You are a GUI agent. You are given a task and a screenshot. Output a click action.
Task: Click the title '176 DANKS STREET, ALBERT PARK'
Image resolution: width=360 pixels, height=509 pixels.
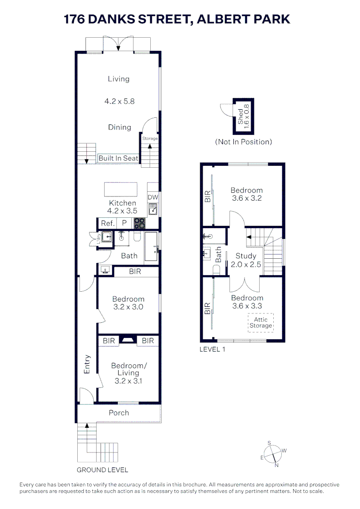177,19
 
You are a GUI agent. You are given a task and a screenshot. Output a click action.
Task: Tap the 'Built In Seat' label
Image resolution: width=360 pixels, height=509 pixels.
118,158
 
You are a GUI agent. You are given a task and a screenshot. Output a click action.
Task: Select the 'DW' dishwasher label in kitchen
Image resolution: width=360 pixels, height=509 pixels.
152,197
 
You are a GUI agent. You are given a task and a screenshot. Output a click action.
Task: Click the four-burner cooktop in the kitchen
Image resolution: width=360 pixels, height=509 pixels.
139,223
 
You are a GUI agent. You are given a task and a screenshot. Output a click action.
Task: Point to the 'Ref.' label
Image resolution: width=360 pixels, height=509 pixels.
105,224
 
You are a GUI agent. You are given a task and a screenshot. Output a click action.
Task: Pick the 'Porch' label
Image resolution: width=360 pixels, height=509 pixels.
119,413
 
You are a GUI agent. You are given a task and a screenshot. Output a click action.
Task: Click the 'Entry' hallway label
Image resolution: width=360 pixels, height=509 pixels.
87,364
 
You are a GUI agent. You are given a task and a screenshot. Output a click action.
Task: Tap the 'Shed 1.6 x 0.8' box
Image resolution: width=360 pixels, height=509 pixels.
244,116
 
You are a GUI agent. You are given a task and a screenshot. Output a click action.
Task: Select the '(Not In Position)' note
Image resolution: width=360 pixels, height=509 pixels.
244,142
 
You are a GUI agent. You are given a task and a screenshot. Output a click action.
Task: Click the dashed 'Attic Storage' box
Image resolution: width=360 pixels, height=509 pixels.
261,323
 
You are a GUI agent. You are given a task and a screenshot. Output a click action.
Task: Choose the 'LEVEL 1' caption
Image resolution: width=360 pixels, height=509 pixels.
213,349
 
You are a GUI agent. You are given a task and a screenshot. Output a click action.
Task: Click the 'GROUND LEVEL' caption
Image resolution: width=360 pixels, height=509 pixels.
102,470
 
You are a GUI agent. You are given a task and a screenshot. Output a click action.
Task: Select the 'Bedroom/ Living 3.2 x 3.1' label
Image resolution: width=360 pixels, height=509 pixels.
128,373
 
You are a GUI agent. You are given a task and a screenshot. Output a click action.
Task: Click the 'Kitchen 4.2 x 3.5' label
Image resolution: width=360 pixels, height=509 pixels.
123,207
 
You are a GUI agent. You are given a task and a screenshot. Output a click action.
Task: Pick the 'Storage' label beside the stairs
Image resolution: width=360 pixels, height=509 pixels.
150,139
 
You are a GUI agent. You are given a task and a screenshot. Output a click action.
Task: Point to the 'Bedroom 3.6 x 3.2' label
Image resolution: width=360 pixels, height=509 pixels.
246,194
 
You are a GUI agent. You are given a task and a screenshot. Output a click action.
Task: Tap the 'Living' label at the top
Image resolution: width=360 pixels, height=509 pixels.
118,79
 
